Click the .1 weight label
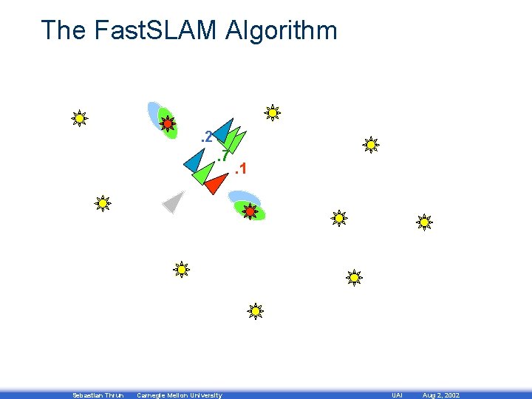(x=239, y=171)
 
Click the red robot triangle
(x=216, y=182)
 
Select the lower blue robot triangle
(x=195, y=160)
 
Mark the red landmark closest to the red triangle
(x=250, y=211)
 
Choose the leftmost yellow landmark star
(x=79, y=117)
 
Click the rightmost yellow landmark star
(x=424, y=221)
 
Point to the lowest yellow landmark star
(x=255, y=311)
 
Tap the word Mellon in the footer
(x=174, y=395)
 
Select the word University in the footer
(x=205, y=395)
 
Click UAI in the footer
(x=396, y=395)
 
